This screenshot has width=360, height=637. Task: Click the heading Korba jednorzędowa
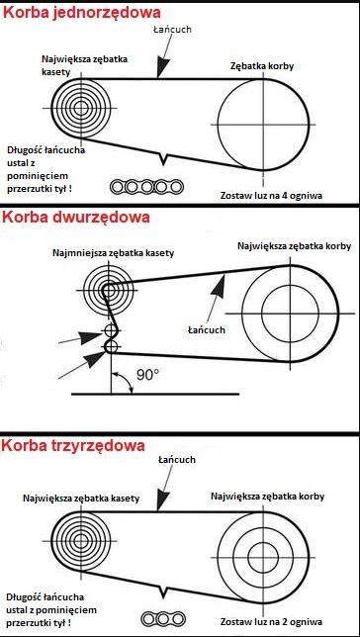click(82, 13)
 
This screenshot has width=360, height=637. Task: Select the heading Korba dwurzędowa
click(76, 218)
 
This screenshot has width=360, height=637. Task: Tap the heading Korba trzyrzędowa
click(73, 446)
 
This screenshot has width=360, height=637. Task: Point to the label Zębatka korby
click(262, 66)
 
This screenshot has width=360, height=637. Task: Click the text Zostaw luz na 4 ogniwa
click(271, 195)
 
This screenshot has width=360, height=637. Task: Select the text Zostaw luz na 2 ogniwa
click(271, 622)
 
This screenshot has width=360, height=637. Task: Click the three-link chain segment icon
click(163, 619)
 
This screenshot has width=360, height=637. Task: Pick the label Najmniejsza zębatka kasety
click(114, 252)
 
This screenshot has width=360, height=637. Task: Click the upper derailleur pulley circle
click(110, 329)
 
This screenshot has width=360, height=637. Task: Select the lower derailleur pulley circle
click(111, 347)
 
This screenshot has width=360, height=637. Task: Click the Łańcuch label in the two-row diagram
click(207, 329)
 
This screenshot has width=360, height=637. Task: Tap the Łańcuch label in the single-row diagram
click(172, 30)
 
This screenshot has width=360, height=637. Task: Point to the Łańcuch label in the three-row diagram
click(177, 460)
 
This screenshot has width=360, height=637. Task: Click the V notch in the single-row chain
click(163, 159)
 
